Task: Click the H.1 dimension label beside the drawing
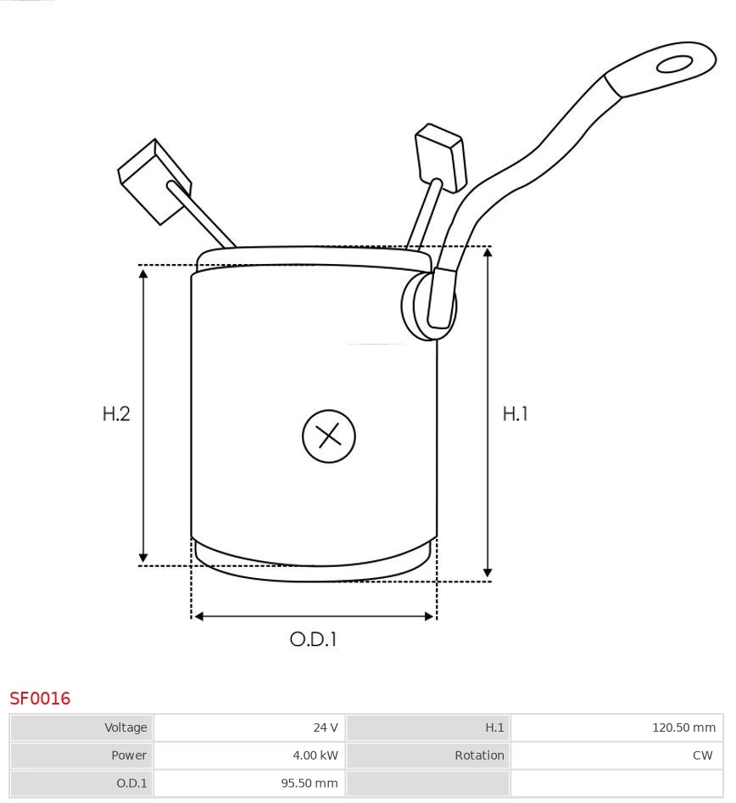[515, 413]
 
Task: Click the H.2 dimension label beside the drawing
[116, 413]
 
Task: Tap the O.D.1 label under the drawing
[314, 639]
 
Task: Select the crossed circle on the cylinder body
[328, 436]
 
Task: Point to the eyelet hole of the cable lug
[674, 65]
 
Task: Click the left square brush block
[153, 180]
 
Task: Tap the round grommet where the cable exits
[427, 306]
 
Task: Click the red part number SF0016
[40, 699]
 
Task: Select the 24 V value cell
[249, 727]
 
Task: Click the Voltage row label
[81, 727]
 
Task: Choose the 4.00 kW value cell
[249, 755]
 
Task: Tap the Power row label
[81, 755]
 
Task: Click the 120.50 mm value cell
[616, 727]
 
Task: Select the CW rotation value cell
[616, 755]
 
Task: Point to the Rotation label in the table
[428, 755]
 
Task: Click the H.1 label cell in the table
[428, 727]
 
